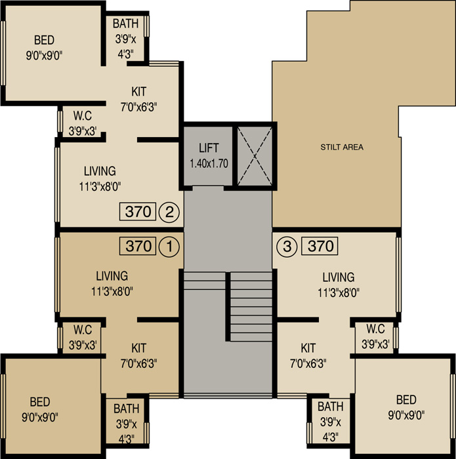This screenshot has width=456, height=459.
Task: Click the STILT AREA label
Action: click(342, 147)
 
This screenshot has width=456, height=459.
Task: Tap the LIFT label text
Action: click(209, 148)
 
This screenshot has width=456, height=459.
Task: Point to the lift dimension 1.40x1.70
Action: click(209, 164)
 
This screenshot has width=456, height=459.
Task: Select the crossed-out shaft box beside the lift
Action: click(255, 156)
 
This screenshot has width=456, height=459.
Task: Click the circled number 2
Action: click(169, 212)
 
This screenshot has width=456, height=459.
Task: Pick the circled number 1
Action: click(169, 247)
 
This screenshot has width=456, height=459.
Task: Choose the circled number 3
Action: click(287, 247)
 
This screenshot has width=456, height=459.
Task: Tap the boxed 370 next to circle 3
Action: click(320, 246)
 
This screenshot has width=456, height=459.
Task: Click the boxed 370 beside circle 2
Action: click(138, 211)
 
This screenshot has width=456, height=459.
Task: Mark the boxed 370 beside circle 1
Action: click(138, 246)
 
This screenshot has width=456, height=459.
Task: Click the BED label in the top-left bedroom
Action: click(44, 40)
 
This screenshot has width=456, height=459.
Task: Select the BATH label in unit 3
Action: click(331, 407)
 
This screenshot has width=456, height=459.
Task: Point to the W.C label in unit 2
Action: click(83, 116)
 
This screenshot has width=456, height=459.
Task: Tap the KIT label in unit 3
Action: click(308, 348)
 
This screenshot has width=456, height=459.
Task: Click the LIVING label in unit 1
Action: click(112, 276)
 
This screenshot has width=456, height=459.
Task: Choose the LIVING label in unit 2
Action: click(100, 171)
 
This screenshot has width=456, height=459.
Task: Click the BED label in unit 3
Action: click(406, 400)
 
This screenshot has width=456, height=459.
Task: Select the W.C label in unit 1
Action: click(83, 330)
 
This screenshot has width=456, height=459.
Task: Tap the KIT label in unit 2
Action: click(139, 92)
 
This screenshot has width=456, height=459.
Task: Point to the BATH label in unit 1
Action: click(126, 409)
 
